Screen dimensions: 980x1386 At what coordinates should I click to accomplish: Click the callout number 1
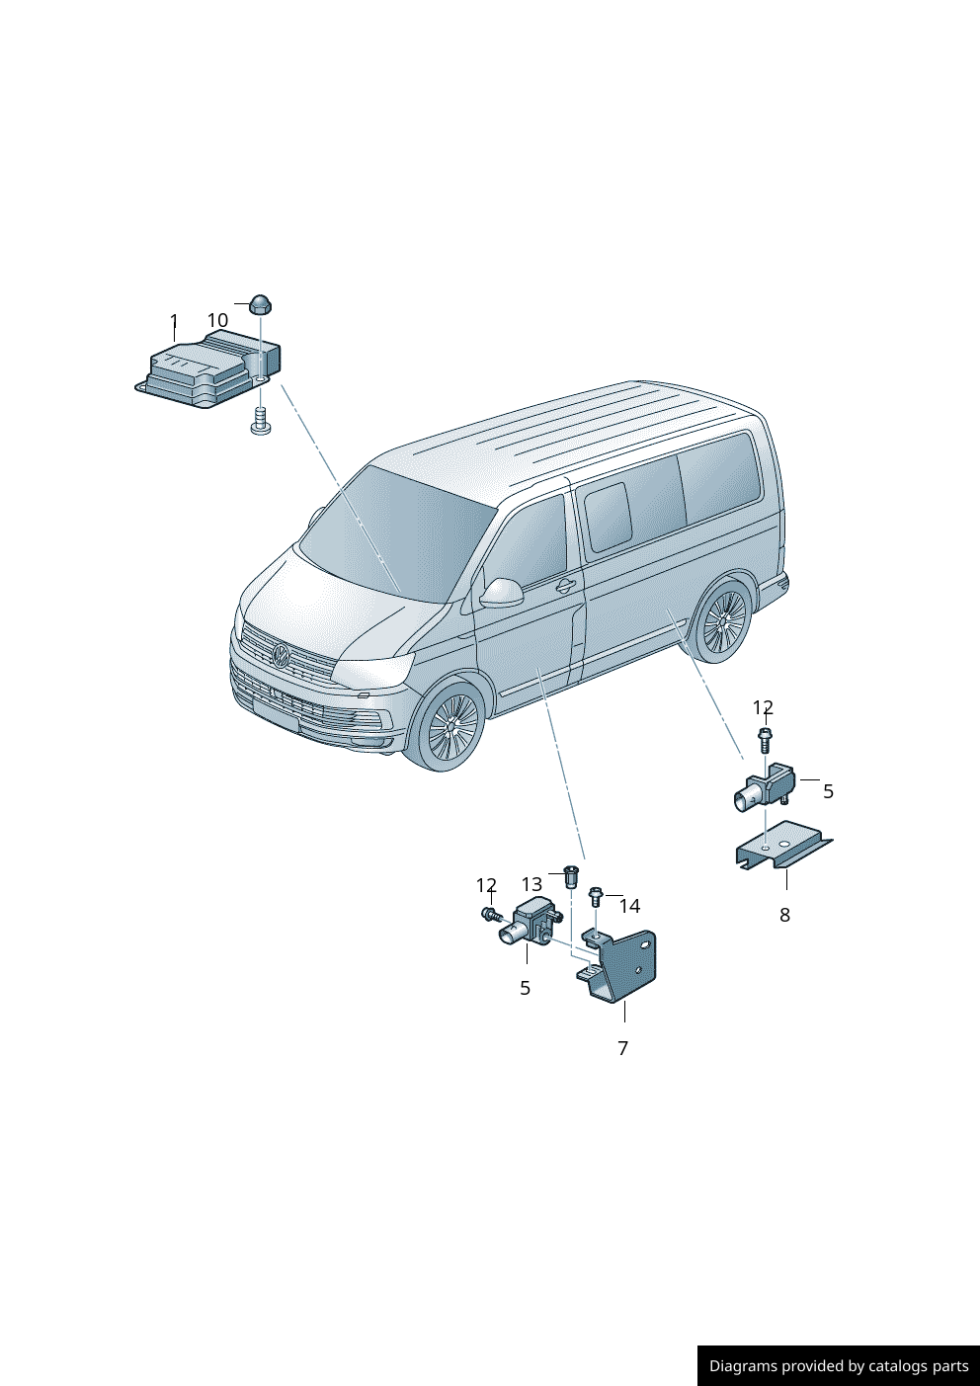coord(175,320)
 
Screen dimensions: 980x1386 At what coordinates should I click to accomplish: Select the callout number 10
coord(217,320)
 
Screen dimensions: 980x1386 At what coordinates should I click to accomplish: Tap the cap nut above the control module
coord(261,304)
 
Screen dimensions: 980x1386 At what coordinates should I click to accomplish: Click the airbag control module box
coord(207,369)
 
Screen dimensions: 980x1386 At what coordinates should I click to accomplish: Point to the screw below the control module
coord(261,420)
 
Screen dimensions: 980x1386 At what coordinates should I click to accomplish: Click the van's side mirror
coord(502,593)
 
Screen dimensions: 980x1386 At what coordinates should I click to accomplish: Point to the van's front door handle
coord(565,586)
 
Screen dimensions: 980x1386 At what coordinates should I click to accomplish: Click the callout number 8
coord(784,915)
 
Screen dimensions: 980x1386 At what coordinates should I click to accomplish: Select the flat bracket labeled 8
coord(783,845)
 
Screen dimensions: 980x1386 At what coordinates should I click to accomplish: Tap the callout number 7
coord(623,1048)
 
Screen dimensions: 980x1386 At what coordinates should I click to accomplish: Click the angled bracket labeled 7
coord(617,965)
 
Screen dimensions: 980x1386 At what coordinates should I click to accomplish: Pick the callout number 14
coord(630,907)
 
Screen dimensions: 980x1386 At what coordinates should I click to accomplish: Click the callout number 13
coord(532,885)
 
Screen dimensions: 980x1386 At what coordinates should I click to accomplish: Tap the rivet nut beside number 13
coord(572,876)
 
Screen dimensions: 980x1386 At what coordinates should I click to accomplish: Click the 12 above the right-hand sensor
coord(764,707)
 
